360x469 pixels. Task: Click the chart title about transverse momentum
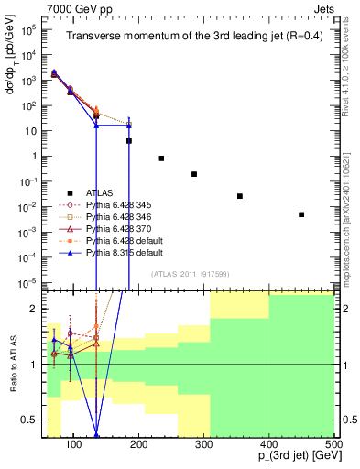190,37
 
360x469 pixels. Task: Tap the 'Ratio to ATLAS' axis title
13,365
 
